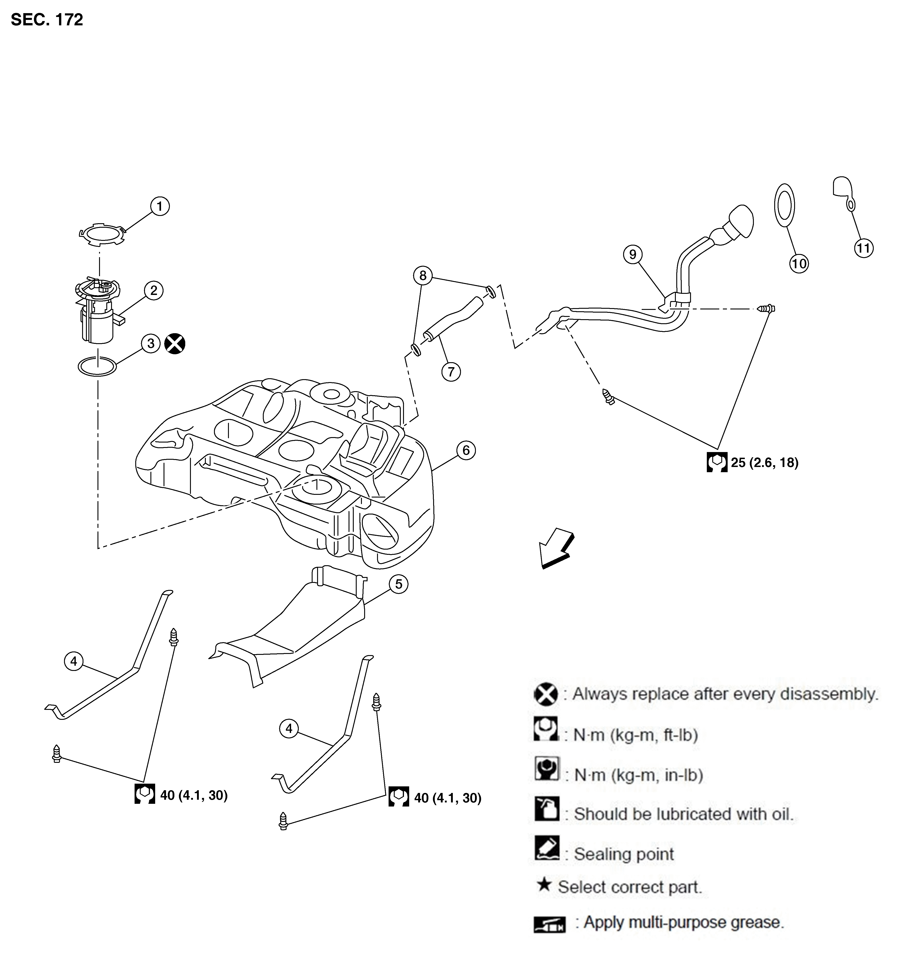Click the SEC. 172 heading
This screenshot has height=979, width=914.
tap(47, 20)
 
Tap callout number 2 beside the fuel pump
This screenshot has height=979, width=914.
tap(154, 291)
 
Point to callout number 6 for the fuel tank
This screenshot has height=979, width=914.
tap(466, 450)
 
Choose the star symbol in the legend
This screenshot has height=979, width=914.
tap(544, 885)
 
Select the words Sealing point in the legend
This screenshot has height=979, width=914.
tap(624, 854)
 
